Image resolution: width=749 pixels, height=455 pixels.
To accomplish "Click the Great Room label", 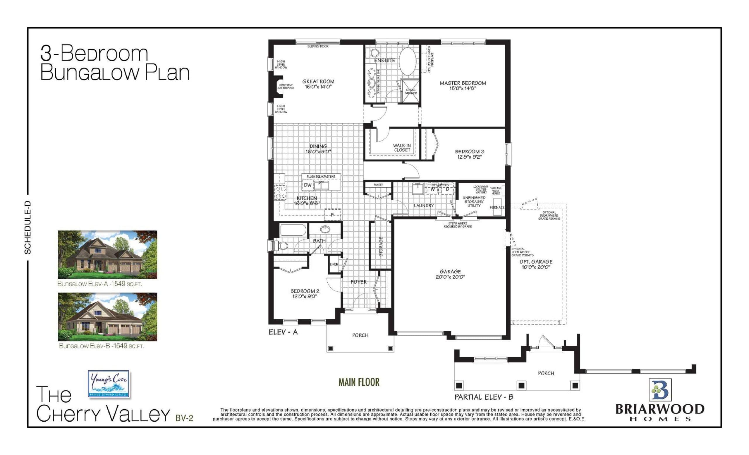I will tap(318, 81).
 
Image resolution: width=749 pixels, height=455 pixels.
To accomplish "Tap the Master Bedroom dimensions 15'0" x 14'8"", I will tap(463, 88).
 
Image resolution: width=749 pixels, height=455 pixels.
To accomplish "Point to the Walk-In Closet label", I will tap(402, 148).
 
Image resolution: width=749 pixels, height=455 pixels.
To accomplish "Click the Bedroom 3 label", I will tap(469, 151).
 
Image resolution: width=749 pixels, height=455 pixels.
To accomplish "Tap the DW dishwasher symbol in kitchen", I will tap(307, 185).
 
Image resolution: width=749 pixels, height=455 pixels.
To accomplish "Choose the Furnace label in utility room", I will tap(497, 207).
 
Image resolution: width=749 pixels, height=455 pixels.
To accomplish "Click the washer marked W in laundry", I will tap(432, 189).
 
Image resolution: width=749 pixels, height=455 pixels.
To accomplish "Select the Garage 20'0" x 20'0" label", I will tap(450, 274).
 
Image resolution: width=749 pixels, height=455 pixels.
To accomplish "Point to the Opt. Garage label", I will tap(536, 261).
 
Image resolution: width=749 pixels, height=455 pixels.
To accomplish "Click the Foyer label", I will tap(358, 282).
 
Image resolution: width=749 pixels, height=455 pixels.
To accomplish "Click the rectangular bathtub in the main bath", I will tap(293, 230).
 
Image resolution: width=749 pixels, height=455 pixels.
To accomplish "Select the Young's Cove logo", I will tap(109, 384).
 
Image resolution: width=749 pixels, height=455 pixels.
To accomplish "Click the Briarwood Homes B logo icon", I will tap(660, 390).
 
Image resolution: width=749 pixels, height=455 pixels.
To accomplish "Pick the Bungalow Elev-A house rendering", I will tap(107, 254).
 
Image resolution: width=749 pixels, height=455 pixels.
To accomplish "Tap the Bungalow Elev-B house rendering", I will tap(107, 317).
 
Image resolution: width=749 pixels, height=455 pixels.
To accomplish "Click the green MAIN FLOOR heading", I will tap(359, 382).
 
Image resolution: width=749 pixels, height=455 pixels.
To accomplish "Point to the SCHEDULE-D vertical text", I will tap(28, 227).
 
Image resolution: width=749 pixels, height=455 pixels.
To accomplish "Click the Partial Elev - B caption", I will tap(484, 397).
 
